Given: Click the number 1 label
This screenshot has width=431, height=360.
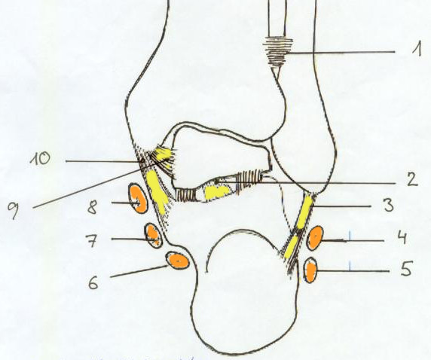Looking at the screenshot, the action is tap(417, 49).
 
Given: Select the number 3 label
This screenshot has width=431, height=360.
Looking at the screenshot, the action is tap(389, 205).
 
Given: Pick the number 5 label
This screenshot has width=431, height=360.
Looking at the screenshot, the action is tap(407, 268).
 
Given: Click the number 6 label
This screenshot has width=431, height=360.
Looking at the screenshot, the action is tap(93, 282).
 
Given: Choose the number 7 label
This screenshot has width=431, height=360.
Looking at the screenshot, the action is tap(92, 241).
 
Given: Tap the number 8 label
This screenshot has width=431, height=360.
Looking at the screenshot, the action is tap(93, 207).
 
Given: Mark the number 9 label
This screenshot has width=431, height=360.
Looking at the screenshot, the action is tap(14, 210).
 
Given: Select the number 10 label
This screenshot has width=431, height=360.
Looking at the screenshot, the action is tap(41, 159).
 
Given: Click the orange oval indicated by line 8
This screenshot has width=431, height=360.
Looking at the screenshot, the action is tap(138, 198).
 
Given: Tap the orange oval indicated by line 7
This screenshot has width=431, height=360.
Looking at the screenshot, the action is tap(154, 236).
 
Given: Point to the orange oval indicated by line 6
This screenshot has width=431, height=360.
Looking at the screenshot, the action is tap(178, 261).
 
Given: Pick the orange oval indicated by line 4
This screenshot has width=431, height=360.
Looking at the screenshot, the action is tap(315, 238).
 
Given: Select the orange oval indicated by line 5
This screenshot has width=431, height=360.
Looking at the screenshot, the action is tap(310, 270).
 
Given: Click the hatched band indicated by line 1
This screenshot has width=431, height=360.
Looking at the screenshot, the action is tap(277, 52).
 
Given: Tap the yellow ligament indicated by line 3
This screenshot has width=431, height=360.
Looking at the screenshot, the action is tap(304, 212).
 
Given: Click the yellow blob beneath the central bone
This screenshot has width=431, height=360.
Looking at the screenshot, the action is tap(218, 191).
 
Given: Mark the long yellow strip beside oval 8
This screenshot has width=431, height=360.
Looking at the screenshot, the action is tap(157, 191).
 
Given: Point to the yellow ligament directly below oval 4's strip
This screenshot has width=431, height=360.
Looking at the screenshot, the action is tap(292, 247).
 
